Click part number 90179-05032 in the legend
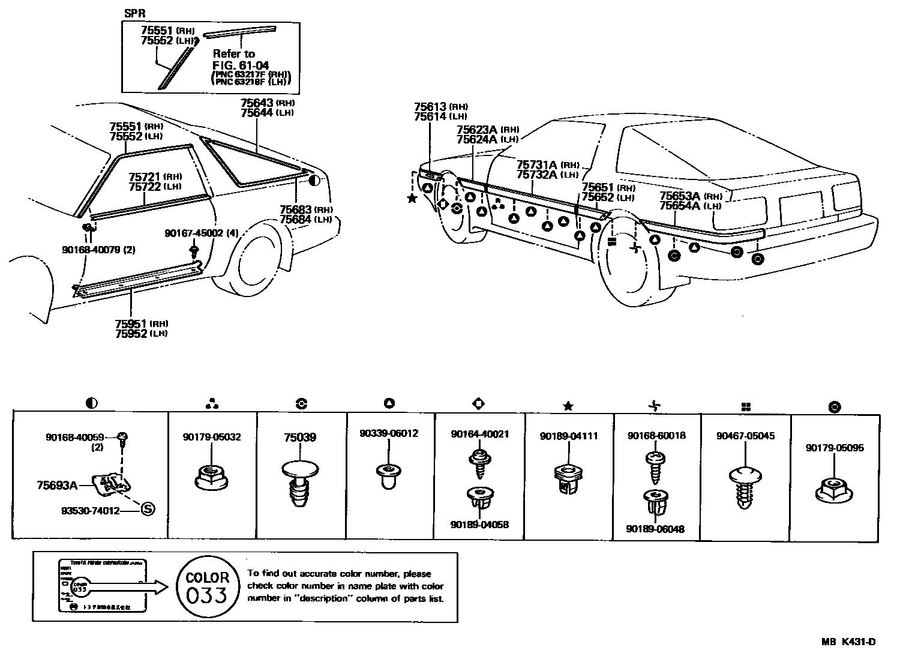click(212, 437)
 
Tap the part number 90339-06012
click(389, 433)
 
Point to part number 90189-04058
click(479, 525)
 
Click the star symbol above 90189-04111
click(568, 406)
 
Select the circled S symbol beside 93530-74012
click(148, 510)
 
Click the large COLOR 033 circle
click(207, 586)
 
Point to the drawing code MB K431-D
click(848, 642)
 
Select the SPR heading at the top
click(135, 13)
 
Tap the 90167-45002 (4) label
click(202, 233)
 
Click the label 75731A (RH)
click(547, 164)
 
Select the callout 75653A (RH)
click(689, 196)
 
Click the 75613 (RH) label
click(440, 107)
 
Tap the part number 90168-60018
click(656, 436)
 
